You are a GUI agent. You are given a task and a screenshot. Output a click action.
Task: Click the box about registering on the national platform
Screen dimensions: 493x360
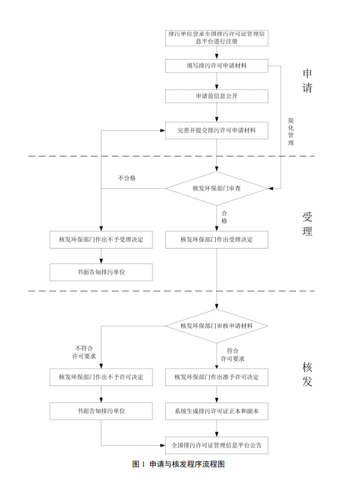coord(216,38)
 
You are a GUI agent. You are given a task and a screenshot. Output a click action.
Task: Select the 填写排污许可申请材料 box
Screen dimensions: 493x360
coord(216,65)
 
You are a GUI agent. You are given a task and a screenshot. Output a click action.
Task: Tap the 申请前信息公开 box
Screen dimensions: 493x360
coord(216,96)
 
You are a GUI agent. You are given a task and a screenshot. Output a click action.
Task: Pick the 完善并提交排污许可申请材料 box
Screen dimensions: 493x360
coord(216,130)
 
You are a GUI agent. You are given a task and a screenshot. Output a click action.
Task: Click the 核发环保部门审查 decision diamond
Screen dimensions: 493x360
coord(216,188)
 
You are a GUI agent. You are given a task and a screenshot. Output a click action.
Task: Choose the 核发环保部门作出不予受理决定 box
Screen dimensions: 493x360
coord(100,240)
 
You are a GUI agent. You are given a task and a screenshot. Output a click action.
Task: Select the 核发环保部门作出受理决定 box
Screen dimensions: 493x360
coord(216,240)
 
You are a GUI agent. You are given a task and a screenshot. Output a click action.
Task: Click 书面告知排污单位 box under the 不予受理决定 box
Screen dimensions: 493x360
coord(100,272)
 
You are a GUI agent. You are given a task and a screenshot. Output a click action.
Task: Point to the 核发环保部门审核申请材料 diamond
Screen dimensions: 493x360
coord(216,326)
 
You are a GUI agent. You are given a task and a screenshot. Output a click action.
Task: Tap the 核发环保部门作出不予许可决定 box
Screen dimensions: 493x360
coord(100,377)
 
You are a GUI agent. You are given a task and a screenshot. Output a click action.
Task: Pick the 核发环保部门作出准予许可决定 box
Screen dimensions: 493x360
coord(216,377)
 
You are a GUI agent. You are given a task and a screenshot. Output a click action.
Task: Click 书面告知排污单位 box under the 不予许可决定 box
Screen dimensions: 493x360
coord(100,411)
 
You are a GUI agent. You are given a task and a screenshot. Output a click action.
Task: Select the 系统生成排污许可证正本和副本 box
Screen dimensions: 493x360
coord(216,411)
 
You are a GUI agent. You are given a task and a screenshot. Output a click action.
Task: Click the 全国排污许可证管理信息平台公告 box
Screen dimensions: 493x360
coord(216,445)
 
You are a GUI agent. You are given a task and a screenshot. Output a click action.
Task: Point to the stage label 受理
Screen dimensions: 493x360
coord(307,223)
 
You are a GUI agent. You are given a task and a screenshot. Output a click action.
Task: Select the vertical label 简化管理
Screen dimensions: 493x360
coord(291,131)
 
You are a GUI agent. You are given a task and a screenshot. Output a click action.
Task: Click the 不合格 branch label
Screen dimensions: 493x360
coord(127,178)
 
